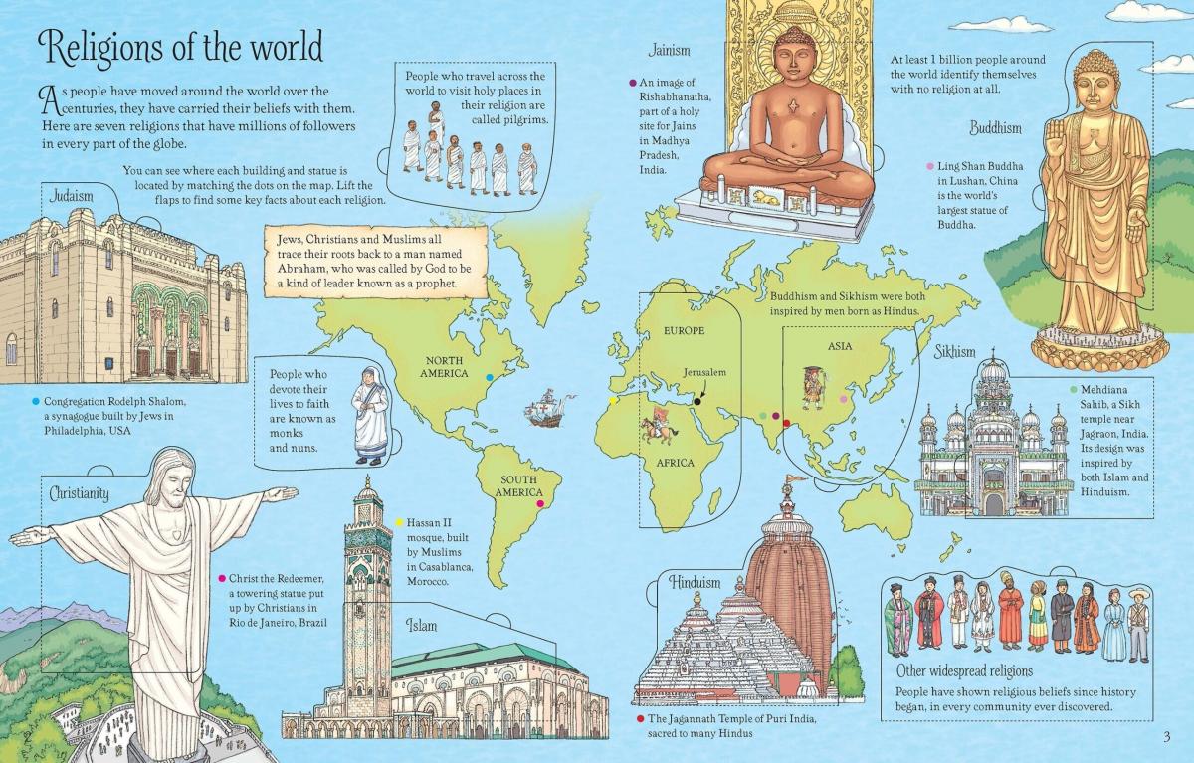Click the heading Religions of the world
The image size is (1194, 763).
click(x=179, y=47)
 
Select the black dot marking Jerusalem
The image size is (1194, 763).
click(x=698, y=401)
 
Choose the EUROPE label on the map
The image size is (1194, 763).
click(x=677, y=329)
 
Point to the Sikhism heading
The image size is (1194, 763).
click(x=954, y=352)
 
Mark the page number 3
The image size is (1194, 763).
click(x=1165, y=736)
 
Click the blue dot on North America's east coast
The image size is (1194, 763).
click(x=488, y=377)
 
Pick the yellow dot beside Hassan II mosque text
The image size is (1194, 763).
click(x=399, y=521)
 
